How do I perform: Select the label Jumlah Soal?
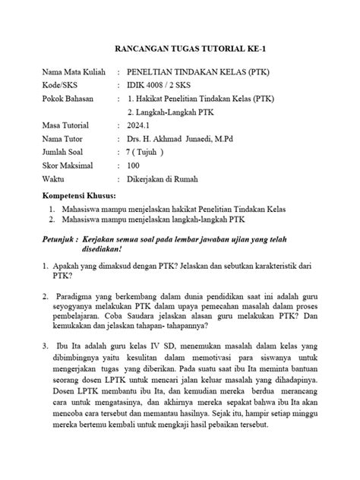[x=67, y=152]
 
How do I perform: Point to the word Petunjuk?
[x=62, y=240]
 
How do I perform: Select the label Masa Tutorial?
[x=69, y=125]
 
